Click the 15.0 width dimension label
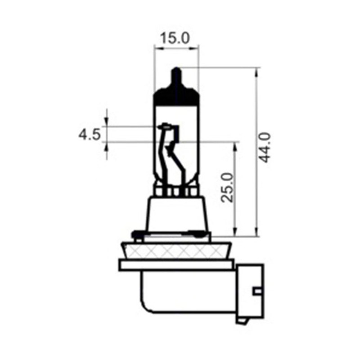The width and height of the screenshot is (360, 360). (x=176, y=38)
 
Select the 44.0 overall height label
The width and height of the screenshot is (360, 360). (x=265, y=147)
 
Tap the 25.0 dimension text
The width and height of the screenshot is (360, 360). (x=229, y=187)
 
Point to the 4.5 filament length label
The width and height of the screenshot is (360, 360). (x=89, y=135)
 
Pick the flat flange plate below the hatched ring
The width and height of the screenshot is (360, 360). (x=176, y=265)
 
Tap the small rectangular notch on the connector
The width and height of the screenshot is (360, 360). (x=257, y=292)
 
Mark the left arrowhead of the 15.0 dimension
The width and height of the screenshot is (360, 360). (x=157, y=47)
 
